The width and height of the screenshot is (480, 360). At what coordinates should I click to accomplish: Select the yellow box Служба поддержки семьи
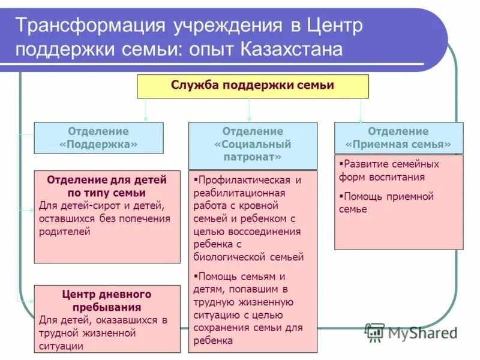click(253, 86)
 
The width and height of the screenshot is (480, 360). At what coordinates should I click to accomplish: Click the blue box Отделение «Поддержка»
click(98, 137)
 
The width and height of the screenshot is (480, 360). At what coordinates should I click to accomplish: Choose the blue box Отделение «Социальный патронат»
click(253, 145)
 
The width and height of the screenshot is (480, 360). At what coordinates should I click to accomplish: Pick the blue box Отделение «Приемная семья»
click(398, 137)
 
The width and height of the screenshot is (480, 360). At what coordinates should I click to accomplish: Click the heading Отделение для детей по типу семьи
click(107, 186)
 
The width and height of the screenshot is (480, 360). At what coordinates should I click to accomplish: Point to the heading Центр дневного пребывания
click(107, 301)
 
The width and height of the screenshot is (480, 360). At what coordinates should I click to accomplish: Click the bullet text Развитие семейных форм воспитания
click(389, 170)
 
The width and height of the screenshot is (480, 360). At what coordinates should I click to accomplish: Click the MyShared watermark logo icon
click(375, 332)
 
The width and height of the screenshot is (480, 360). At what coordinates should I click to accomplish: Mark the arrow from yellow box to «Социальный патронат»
click(249, 110)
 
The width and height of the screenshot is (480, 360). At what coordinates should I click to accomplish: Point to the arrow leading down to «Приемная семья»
click(361, 110)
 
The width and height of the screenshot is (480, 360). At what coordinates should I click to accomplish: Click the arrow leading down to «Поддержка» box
click(145, 110)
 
